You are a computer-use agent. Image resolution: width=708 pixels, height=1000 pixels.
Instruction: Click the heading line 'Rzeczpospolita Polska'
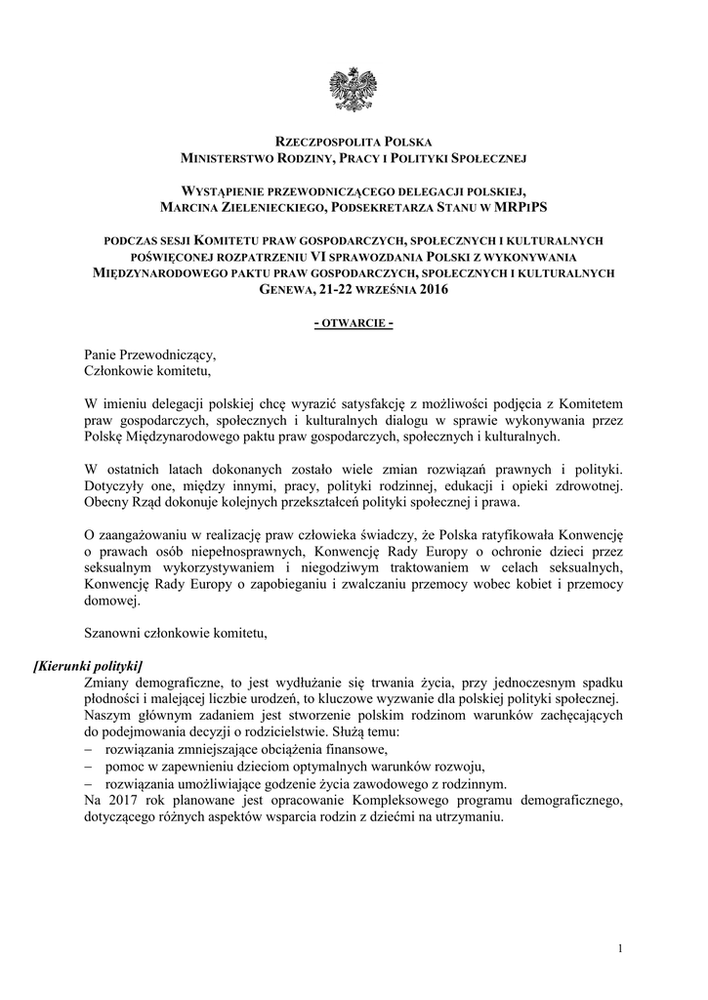354,142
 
